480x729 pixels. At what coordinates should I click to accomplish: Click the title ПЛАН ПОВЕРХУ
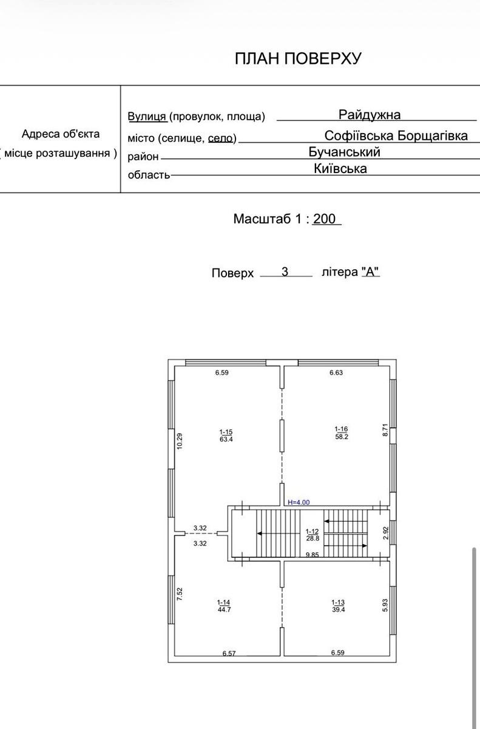tap(298, 58)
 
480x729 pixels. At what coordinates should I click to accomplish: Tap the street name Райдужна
tap(370, 115)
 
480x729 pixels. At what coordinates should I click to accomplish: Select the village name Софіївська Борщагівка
tap(396, 135)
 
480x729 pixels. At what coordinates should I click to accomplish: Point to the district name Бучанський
tap(344, 152)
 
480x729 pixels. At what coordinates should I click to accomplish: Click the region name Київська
tap(340, 168)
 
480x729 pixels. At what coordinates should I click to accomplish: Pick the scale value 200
tap(324, 219)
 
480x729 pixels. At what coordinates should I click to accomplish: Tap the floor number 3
tap(285, 272)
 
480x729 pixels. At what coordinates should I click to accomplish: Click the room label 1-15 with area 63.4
tap(226, 436)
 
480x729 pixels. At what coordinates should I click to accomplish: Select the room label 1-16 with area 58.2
tap(342, 433)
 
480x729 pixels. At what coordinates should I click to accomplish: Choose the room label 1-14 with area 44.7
tap(224, 606)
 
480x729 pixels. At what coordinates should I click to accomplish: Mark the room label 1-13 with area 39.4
tap(339, 606)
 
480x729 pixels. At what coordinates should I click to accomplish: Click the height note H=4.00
tap(299, 502)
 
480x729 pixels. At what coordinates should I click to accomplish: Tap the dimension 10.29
tap(180, 441)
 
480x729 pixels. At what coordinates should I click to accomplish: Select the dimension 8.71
tap(385, 430)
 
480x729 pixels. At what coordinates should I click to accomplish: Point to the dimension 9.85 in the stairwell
tap(313, 555)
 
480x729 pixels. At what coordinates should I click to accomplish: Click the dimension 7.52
tap(180, 594)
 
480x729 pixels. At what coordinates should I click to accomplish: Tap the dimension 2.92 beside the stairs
tap(386, 533)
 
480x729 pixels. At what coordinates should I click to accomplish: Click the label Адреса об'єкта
tap(61, 134)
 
